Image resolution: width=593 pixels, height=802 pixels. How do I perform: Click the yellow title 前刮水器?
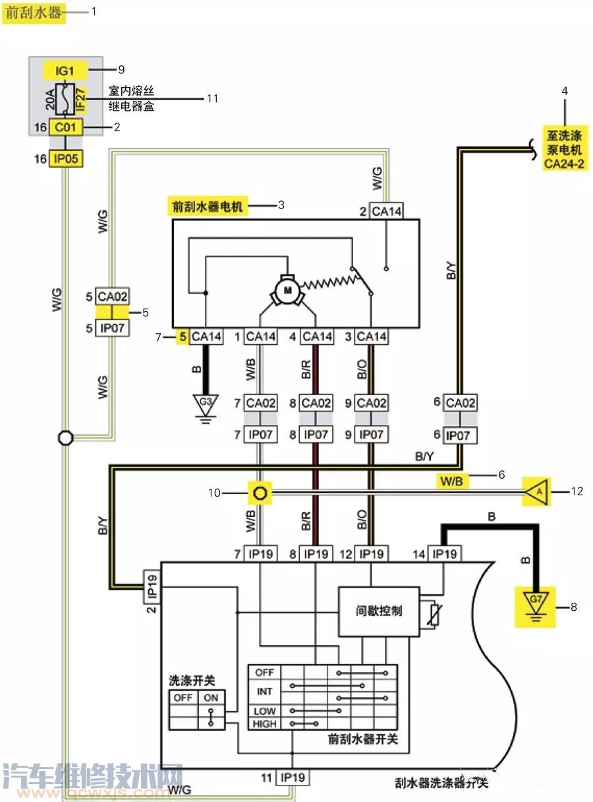[35, 13]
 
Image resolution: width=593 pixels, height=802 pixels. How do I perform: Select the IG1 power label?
[66, 69]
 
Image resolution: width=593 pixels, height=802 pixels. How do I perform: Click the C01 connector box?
[67, 127]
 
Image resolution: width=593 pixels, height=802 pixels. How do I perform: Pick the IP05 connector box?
[67, 159]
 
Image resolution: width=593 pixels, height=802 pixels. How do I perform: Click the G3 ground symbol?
[206, 402]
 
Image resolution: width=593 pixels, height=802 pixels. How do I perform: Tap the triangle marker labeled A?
[537, 491]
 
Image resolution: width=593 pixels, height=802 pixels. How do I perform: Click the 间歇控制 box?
[378, 611]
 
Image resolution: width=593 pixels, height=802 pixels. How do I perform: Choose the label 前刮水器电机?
[208, 206]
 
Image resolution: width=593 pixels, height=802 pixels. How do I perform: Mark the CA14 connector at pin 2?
[387, 211]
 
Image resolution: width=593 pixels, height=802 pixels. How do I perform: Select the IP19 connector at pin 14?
[445, 554]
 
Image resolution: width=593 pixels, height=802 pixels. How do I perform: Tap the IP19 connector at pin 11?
[292, 778]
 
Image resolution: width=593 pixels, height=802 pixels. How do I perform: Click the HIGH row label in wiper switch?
[264, 724]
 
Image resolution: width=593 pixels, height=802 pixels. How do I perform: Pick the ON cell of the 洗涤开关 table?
[212, 697]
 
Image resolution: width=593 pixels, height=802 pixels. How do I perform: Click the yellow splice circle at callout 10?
[260, 492]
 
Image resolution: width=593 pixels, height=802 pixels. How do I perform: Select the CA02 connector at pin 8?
[316, 403]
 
